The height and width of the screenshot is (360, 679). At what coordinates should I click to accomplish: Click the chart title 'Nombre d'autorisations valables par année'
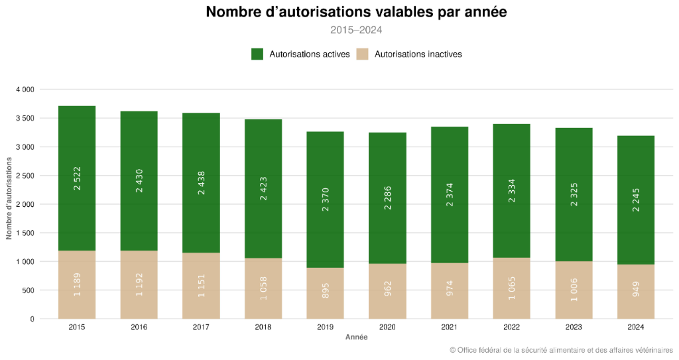pyautogui.click(x=356, y=13)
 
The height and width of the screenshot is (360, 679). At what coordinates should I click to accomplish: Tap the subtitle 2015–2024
pyautogui.click(x=356, y=30)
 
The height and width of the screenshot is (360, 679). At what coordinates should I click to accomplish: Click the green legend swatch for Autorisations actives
pyautogui.click(x=257, y=54)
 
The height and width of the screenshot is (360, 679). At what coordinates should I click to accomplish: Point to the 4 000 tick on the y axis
pyautogui.click(x=25, y=90)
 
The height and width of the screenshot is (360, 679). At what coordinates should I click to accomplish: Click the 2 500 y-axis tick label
pyautogui.click(x=25, y=176)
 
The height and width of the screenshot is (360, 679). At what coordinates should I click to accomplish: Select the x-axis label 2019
pyautogui.click(x=325, y=327)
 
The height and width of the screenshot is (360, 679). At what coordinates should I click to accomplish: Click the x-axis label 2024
pyautogui.click(x=635, y=327)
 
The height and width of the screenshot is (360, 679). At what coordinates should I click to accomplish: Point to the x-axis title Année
pyautogui.click(x=356, y=337)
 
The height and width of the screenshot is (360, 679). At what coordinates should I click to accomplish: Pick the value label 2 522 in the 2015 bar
pyautogui.click(x=77, y=178)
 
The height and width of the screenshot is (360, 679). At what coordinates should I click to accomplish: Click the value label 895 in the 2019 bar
pyautogui.click(x=325, y=290)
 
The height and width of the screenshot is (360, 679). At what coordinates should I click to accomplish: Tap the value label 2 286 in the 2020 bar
pyautogui.click(x=387, y=198)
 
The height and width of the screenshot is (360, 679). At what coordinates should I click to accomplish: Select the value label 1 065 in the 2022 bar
pyautogui.click(x=511, y=288)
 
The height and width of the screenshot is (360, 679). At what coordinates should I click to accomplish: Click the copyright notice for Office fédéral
pyautogui.click(x=561, y=350)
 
